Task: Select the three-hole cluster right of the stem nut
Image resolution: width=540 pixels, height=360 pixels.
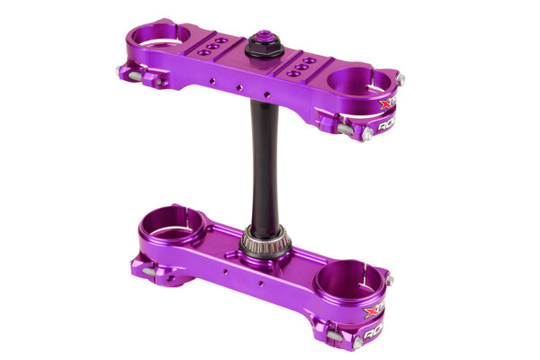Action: [303, 65]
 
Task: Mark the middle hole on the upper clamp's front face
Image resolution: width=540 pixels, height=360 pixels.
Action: [238, 86]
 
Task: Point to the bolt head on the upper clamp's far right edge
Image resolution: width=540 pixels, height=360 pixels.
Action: [400, 79]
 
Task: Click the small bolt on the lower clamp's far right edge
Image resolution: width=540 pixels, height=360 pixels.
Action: [390, 281]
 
